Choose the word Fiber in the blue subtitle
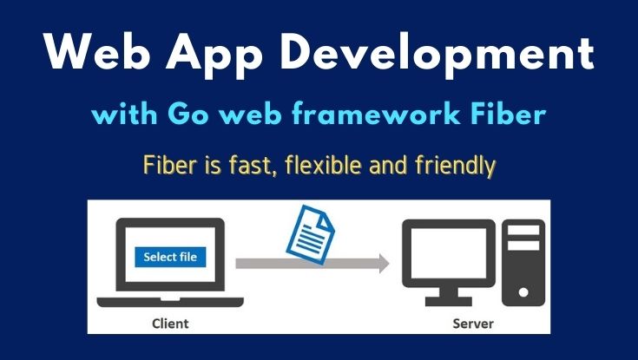510,115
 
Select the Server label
473,324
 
